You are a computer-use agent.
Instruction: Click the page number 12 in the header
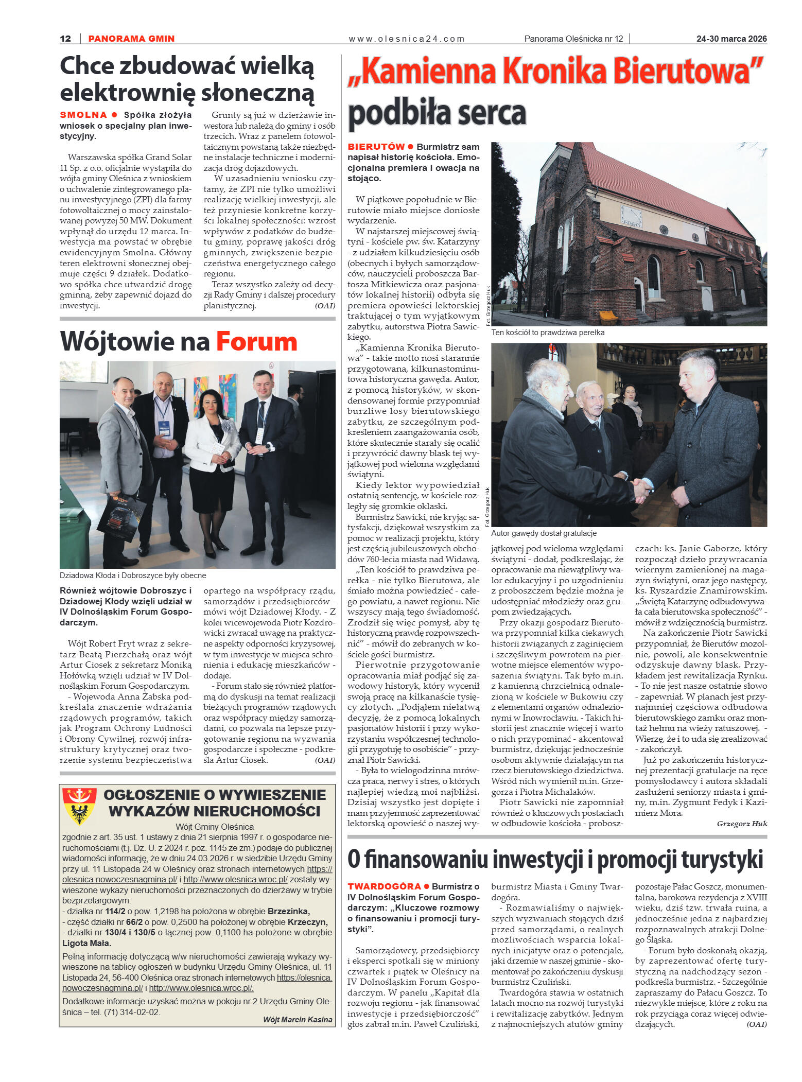click(x=65, y=39)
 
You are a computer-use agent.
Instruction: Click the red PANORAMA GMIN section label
click(x=131, y=39)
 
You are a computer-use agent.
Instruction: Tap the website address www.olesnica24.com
click(x=406, y=39)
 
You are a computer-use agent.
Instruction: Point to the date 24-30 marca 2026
click(x=731, y=39)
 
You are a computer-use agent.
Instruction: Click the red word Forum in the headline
click(x=256, y=342)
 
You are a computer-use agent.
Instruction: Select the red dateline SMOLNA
click(x=83, y=115)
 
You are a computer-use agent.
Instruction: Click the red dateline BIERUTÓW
click(x=376, y=147)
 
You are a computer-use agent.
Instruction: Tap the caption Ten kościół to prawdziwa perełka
click(x=548, y=333)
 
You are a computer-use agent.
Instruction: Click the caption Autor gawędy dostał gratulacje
click(x=544, y=533)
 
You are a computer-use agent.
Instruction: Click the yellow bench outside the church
click(x=608, y=316)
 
